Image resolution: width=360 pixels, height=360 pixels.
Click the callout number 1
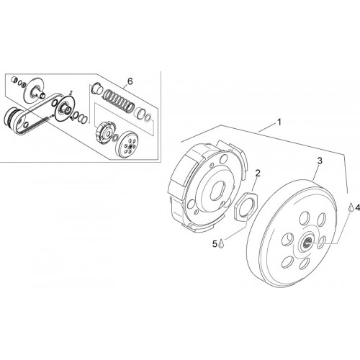pos(279,122)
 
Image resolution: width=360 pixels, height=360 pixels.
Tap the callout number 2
pos(258,173)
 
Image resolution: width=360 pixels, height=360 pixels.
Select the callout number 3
pos(320,161)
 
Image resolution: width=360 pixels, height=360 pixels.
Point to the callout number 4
pos(358,207)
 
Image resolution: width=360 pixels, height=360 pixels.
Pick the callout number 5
pos(215,244)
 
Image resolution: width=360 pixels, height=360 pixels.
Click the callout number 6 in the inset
pos(130,81)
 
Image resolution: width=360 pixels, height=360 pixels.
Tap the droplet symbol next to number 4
pos(351,207)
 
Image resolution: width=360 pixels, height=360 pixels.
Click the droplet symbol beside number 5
pos(221,244)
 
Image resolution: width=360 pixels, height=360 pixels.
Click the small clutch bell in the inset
pos(127,145)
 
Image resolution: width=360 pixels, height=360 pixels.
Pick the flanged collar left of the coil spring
pos(96,88)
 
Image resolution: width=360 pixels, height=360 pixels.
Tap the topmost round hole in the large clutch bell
pos(303,218)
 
